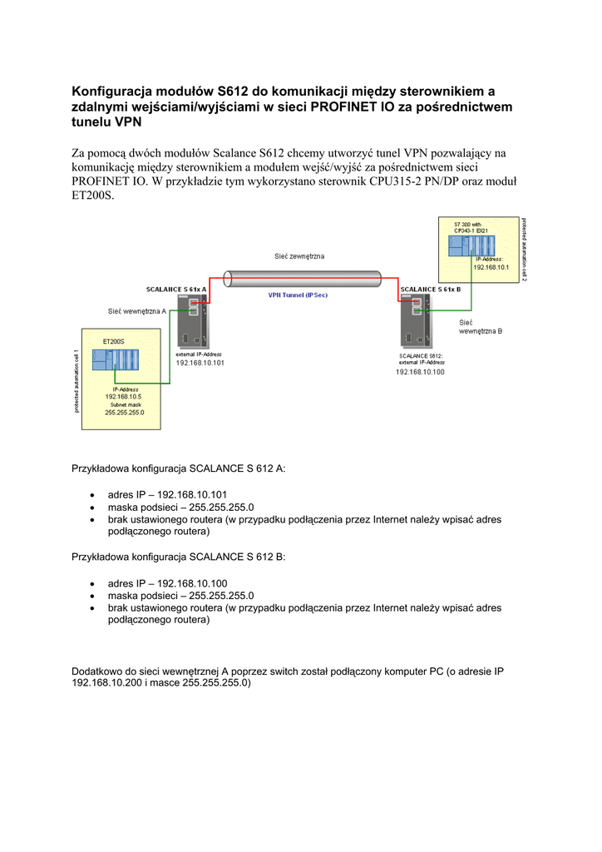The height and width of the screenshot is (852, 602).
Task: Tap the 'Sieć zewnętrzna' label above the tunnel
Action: tap(299, 256)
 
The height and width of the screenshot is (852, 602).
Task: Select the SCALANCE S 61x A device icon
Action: tap(193, 323)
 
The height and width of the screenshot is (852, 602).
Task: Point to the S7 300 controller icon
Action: tap(470, 245)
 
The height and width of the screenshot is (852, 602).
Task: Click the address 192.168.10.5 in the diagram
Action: tap(123, 397)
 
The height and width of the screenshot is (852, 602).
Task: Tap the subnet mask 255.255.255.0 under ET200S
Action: tap(125, 413)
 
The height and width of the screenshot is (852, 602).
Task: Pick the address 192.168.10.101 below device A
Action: tap(200, 363)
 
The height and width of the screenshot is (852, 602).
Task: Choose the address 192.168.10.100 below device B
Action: tap(420, 372)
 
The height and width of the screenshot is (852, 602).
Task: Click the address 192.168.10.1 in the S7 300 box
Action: tap(491, 267)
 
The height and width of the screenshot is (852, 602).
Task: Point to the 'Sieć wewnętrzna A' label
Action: tap(137, 311)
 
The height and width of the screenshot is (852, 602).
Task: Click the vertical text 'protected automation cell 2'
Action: tap(524, 250)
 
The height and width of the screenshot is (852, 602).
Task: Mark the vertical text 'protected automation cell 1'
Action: tap(76, 381)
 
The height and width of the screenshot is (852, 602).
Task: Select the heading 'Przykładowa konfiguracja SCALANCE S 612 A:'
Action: tap(179, 468)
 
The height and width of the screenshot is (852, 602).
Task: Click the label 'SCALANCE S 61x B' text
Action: tap(431, 290)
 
